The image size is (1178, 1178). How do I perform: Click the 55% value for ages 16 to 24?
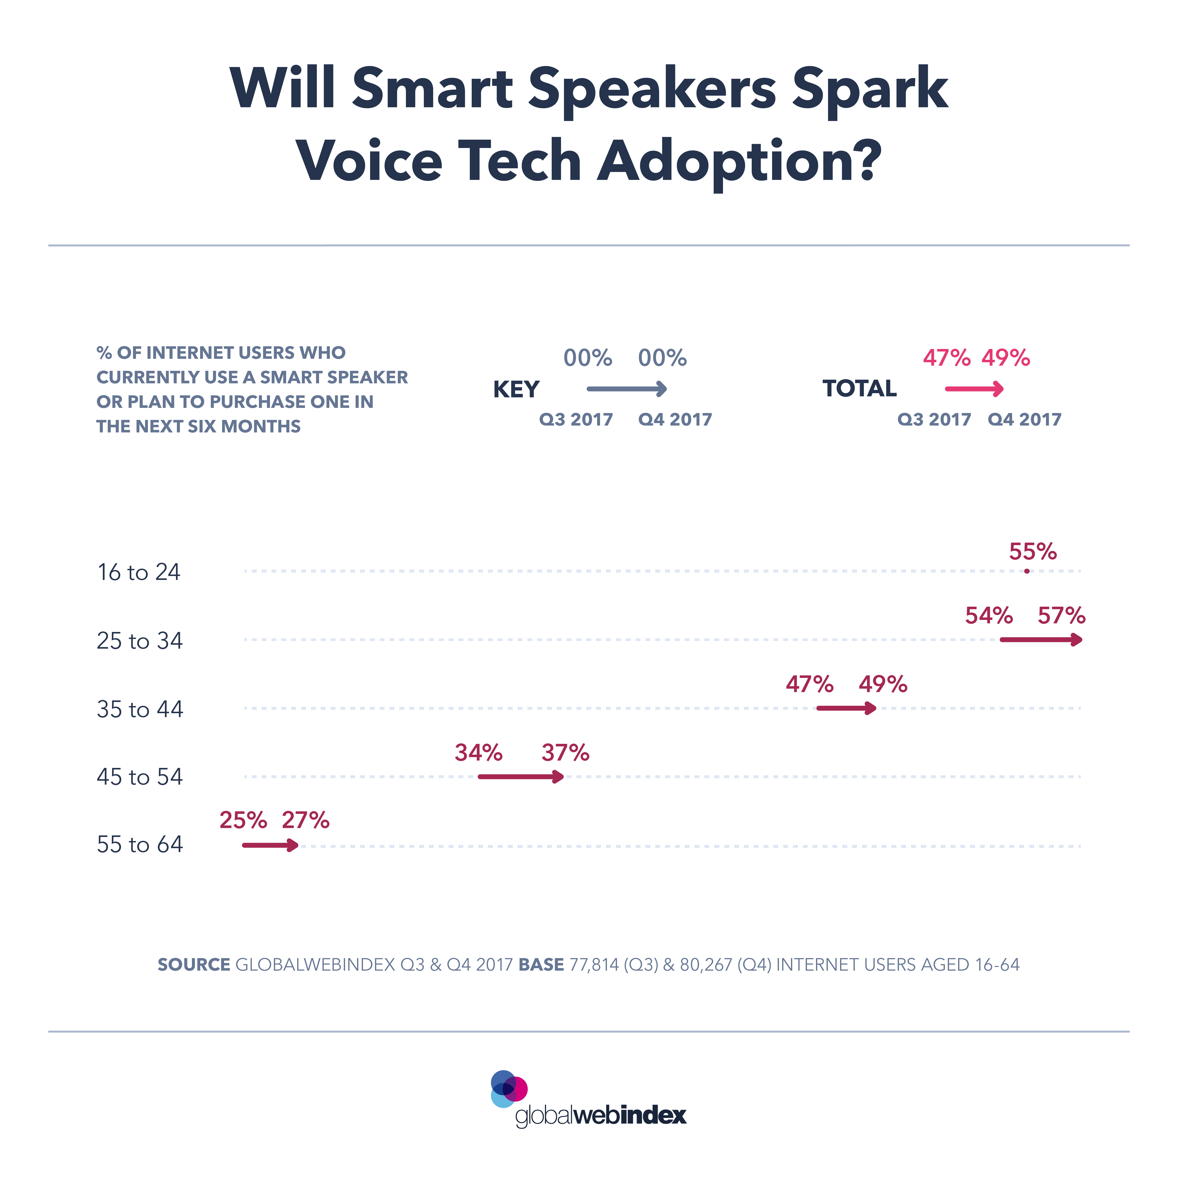tap(1032, 552)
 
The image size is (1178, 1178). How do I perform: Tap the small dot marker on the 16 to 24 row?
tap(1027, 571)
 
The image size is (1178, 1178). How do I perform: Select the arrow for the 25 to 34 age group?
tap(1041, 640)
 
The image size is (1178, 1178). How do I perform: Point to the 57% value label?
tap(1061, 616)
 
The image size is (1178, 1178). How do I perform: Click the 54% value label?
tap(988, 616)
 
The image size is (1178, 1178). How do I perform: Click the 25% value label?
tap(243, 821)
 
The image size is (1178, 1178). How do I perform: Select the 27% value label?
tap(306, 821)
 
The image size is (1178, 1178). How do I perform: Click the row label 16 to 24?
tap(139, 573)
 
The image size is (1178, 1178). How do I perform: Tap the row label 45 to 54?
tap(140, 777)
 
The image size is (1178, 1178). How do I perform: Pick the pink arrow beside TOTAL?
tap(974, 389)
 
